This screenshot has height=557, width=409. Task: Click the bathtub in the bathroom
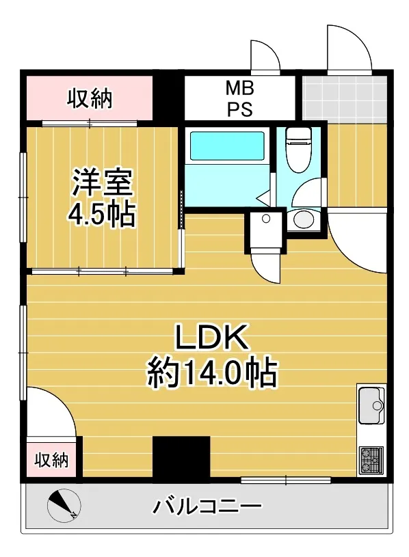click(228, 146)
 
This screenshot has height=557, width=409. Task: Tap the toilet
click(298, 149)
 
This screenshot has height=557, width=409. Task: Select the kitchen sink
click(371, 405)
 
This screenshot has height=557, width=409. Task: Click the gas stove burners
click(371, 460)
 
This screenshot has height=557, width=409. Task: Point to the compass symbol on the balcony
click(64, 505)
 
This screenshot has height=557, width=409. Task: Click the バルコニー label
click(207, 506)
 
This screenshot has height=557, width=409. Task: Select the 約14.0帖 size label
click(212, 372)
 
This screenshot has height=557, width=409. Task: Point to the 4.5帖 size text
click(102, 214)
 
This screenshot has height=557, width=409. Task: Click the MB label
click(240, 88)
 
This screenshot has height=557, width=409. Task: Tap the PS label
click(240, 109)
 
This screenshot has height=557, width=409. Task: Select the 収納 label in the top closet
click(90, 98)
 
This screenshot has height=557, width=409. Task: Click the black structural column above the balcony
click(181, 459)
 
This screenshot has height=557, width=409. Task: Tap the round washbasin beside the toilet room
click(304, 219)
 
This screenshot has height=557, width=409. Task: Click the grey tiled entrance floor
click(344, 98)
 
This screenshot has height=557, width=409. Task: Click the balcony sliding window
click(286, 480)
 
